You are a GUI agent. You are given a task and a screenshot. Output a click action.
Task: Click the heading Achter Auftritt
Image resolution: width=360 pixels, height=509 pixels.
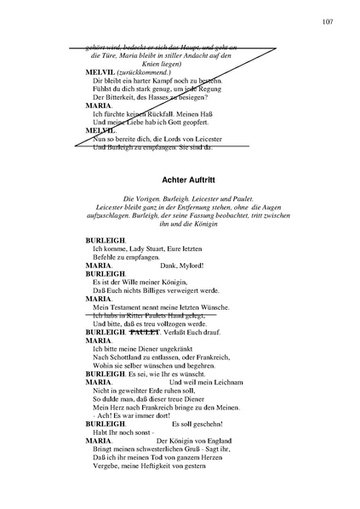point(195,180)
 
